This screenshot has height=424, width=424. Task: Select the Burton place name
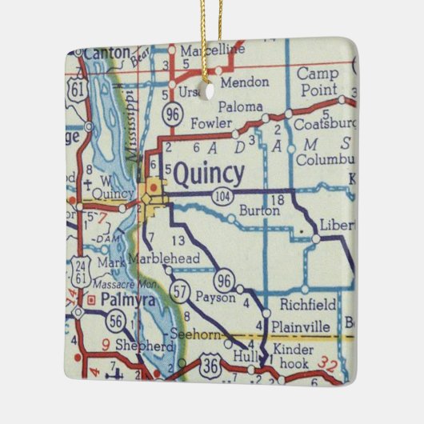coord(259,211)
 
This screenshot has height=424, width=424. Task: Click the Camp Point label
coord(318,81)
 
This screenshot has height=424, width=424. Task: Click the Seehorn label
coord(196,335)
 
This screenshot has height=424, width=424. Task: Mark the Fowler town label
coord(212,124)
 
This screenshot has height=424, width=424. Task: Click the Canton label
coord(105,52)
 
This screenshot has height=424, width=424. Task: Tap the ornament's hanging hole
coord(210,90)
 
